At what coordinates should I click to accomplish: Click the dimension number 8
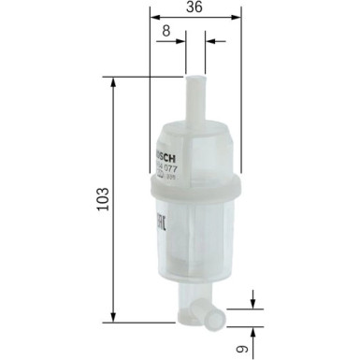click(166, 30)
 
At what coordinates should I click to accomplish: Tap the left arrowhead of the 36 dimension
click(155, 18)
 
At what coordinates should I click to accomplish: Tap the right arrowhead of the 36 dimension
click(236, 18)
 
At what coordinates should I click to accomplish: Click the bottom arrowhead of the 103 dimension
click(114, 313)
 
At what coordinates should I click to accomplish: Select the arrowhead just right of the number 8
click(181, 41)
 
